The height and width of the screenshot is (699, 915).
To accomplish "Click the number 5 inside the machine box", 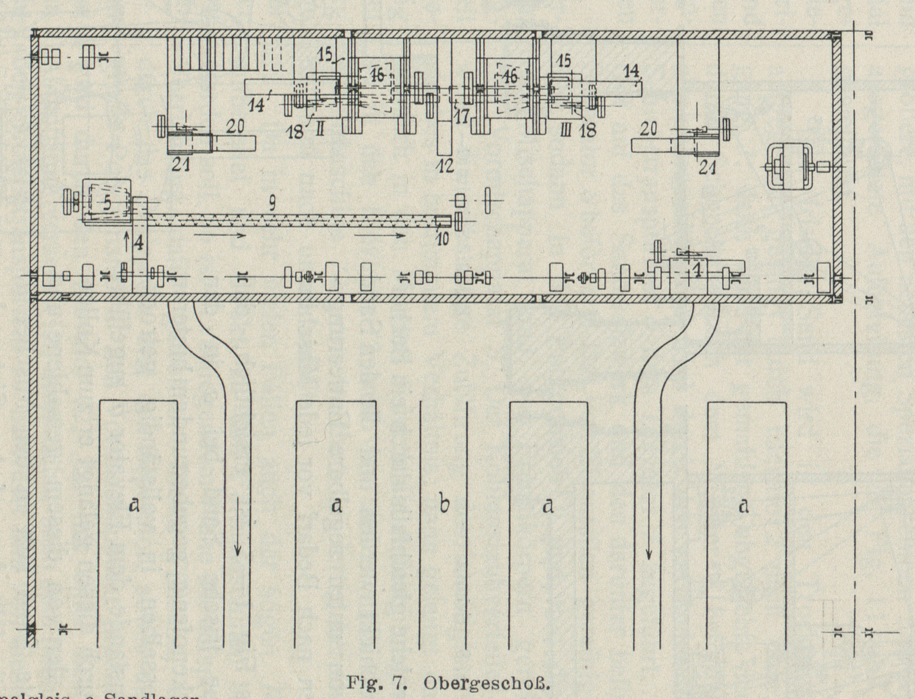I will [x=107, y=203].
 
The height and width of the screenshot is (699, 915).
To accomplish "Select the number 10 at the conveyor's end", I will [x=443, y=240].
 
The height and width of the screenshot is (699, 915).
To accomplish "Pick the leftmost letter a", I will [x=134, y=505].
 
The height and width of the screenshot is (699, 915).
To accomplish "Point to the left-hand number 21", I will [x=181, y=165].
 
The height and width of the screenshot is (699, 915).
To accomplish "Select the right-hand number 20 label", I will [x=648, y=130].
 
